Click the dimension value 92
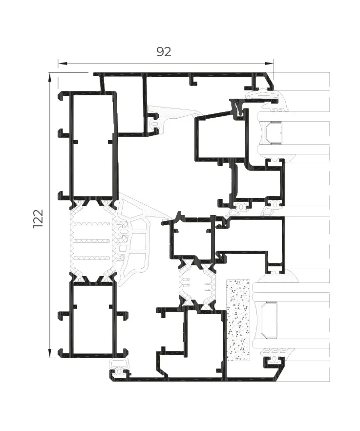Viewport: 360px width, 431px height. pyautogui.click(x=164, y=52)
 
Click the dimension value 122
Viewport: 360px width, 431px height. pyautogui.click(x=38, y=218)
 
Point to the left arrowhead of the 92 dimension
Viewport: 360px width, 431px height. pyautogui.click(x=63, y=64)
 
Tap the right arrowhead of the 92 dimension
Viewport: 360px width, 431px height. pyautogui.click(x=269, y=64)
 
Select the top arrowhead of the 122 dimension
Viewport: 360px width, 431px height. pyautogui.click(x=50, y=77)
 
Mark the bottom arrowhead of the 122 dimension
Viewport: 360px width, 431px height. pyautogui.click(x=50, y=353)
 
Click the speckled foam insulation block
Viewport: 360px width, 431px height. pyautogui.click(x=238, y=320)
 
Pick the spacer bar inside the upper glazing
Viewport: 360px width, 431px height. pyautogui.click(x=274, y=133)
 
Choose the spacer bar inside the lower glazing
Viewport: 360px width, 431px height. pyautogui.click(x=269, y=320)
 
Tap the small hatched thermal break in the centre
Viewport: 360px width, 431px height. pyautogui.click(x=197, y=283)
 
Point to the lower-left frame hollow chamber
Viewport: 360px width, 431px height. pyautogui.click(x=93, y=320)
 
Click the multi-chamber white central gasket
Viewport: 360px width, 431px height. pyautogui.click(x=135, y=239)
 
